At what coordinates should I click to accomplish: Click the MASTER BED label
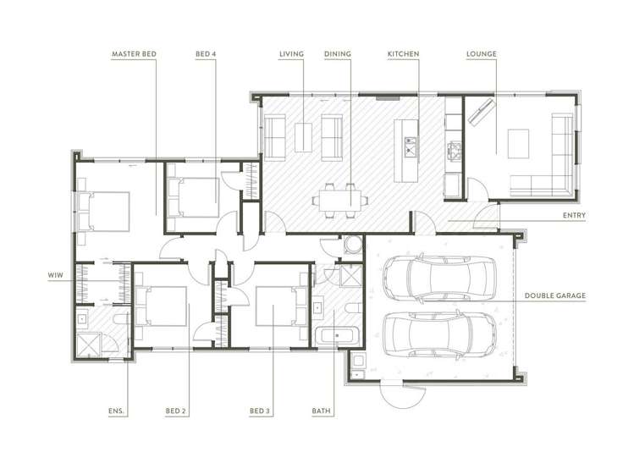click(x=134, y=54)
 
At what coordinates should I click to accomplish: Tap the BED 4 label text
click(x=205, y=54)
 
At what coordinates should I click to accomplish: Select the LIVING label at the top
click(x=291, y=54)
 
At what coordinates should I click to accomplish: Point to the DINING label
click(x=337, y=54)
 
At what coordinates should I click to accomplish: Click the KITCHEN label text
click(x=403, y=54)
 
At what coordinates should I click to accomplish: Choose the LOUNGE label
click(x=481, y=54)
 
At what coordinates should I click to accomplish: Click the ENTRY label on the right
click(x=574, y=216)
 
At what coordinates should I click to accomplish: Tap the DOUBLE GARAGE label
click(x=554, y=295)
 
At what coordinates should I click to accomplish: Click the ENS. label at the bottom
click(x=117, y=411)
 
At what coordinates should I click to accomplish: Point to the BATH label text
click(x=321, y=411)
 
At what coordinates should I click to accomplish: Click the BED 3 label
click(x=259, y=411)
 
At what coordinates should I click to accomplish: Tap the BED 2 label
click(x=175, y=411)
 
